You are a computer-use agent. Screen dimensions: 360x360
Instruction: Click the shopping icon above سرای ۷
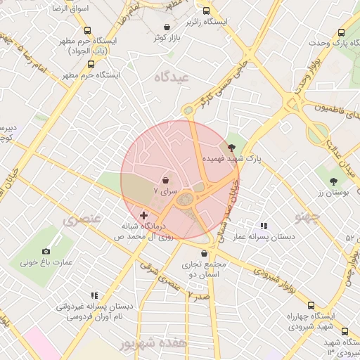click(165, 180)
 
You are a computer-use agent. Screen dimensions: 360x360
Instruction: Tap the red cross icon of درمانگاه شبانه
click(144, 215)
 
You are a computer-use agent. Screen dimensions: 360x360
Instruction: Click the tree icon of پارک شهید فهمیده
click(232, 146)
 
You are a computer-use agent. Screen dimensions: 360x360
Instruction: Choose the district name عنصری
click(82, 219)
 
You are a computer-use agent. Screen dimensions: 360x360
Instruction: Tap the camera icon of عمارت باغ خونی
click(46, 251)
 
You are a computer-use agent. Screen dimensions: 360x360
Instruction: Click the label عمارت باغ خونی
click(46, 263)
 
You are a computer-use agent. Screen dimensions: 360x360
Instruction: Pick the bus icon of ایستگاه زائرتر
click(206, 11)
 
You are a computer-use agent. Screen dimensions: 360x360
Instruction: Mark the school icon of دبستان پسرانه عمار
click(264, 226)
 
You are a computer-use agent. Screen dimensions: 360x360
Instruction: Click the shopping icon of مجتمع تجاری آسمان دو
click(204, 253)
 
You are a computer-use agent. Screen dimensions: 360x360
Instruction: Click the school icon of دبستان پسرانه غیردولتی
click(94, 296)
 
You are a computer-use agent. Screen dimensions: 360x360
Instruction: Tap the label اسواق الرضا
click(71, 8)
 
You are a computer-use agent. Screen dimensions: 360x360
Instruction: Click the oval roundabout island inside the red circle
click(185, 200)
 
